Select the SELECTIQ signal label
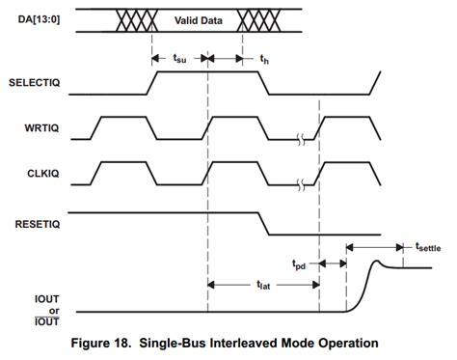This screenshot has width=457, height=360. [35, 84]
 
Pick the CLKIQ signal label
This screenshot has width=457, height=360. [41, 171]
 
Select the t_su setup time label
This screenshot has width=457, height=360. [180, 59]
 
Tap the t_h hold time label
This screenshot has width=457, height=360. [264, 59]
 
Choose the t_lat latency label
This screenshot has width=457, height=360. [262, 286]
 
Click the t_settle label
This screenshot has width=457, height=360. [428, 248]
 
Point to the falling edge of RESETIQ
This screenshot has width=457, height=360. [262, 223]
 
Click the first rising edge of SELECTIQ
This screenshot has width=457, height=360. [152, 82]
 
